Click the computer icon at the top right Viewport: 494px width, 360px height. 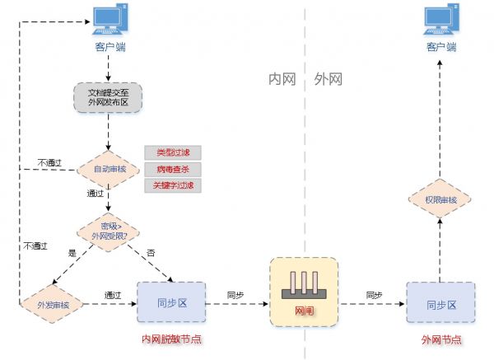pos(440,20)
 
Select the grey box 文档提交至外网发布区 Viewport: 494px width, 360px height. pos(108,97)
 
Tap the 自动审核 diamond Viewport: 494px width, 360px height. pos(108,169)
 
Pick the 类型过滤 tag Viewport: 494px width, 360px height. pos(173,152)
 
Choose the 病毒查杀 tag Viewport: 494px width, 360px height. pos(173,169)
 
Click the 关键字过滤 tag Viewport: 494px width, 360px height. pos(173,185)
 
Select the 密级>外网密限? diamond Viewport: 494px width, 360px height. pos(108,230)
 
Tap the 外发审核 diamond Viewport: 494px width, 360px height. pos(52,304)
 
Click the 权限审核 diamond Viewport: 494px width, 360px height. pos(440,200)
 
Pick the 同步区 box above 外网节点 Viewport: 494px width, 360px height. pos(440,304)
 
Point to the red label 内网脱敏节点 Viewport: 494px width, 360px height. pos(171,339)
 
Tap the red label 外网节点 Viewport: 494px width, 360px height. pos(440,339)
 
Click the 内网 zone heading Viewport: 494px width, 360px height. pos(282,80)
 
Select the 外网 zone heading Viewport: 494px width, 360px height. pos(328,80)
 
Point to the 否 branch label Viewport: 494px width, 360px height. pos(150,251)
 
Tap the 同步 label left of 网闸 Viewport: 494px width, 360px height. pos(235,294)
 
